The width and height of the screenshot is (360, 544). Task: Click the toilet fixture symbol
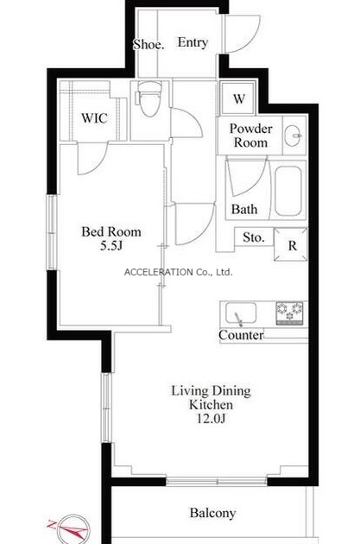149,98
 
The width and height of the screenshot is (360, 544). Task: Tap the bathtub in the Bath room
287,191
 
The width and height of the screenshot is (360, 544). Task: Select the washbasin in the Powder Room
294,135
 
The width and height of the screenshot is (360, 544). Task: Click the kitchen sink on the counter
241,313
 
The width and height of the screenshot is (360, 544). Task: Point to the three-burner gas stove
289,313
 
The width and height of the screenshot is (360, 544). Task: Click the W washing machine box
239,98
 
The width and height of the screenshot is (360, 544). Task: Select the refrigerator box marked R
291,244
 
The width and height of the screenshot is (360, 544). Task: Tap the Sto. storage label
254,237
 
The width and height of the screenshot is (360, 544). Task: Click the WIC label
94,118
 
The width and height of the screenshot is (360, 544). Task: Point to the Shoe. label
148,44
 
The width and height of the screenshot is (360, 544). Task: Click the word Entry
193,42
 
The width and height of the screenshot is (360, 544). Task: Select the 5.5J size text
111,246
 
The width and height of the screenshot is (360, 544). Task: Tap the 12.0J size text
212,419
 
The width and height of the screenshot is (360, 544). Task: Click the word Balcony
212,513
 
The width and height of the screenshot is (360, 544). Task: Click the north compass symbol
72,528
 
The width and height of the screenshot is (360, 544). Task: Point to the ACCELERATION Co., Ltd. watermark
178,272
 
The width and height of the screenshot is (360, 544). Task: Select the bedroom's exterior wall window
52,232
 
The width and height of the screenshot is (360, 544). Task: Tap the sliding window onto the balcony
217,482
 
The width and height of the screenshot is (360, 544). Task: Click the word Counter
241,335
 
